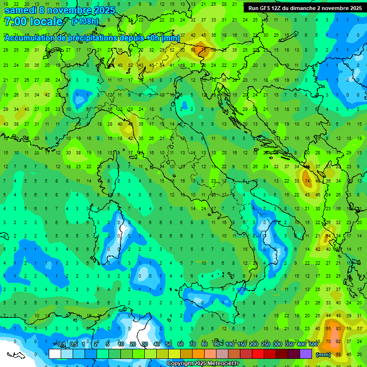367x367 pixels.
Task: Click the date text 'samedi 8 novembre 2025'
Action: [x=60, y=10]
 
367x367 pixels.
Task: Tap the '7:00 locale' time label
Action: [x=33, y=22]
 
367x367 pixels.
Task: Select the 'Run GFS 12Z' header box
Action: [x=304, y=8]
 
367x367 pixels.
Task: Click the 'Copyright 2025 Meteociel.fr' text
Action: [x=203, y=364]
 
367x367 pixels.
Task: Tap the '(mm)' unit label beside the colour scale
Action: [x=324, y=355]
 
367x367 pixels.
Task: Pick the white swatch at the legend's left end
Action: [x=55, y=354]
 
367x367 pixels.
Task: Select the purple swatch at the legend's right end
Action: [x=306, y=354]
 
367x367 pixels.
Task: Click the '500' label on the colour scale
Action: [x=313, y=345]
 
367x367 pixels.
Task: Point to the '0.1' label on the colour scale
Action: [x=62, y=345]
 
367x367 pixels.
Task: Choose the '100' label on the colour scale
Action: [x=230, y=345]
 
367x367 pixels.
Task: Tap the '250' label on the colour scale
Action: [x=265, y=345]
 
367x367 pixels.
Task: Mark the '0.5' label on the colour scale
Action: [x=74, y=345]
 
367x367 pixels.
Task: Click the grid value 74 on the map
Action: [x=306, y=181]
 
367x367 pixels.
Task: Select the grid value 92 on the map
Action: [x=339, y=341]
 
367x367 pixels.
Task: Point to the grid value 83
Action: [x=339, y=329]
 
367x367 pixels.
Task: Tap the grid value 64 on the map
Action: [x=328, y=236]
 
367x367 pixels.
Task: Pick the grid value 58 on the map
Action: [x=194, y=50]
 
